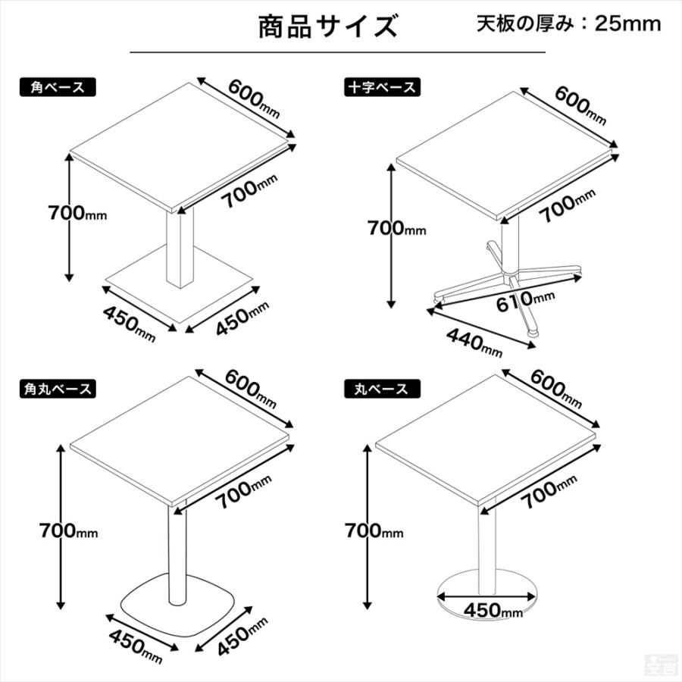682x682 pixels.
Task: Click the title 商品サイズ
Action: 327,27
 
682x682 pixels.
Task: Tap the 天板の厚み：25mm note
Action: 568,23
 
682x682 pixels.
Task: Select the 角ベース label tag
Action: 58,87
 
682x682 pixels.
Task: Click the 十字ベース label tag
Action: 381,87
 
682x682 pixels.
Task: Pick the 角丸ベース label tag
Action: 58,389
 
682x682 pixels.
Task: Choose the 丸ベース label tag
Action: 381,389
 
